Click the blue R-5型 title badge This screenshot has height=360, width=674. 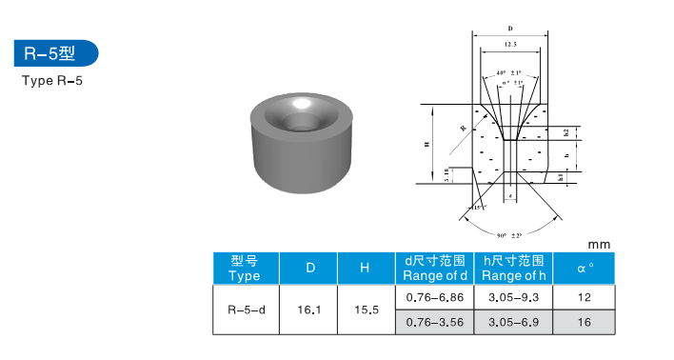pos(54,53)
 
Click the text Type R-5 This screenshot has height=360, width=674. pos(52,81)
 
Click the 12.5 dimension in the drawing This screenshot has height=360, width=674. pos(510,45)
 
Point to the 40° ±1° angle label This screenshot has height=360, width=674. pos(511,73)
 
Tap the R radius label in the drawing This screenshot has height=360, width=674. pos(463,126)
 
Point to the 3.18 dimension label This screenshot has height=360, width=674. pos(448,175)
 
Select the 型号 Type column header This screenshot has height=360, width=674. pos(244,268)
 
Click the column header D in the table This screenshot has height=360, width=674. pos(309,269)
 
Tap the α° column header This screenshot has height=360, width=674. pos(585,269)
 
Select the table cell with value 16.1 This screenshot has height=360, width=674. pos(309,310)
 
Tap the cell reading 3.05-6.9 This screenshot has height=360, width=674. pos(513,323)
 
